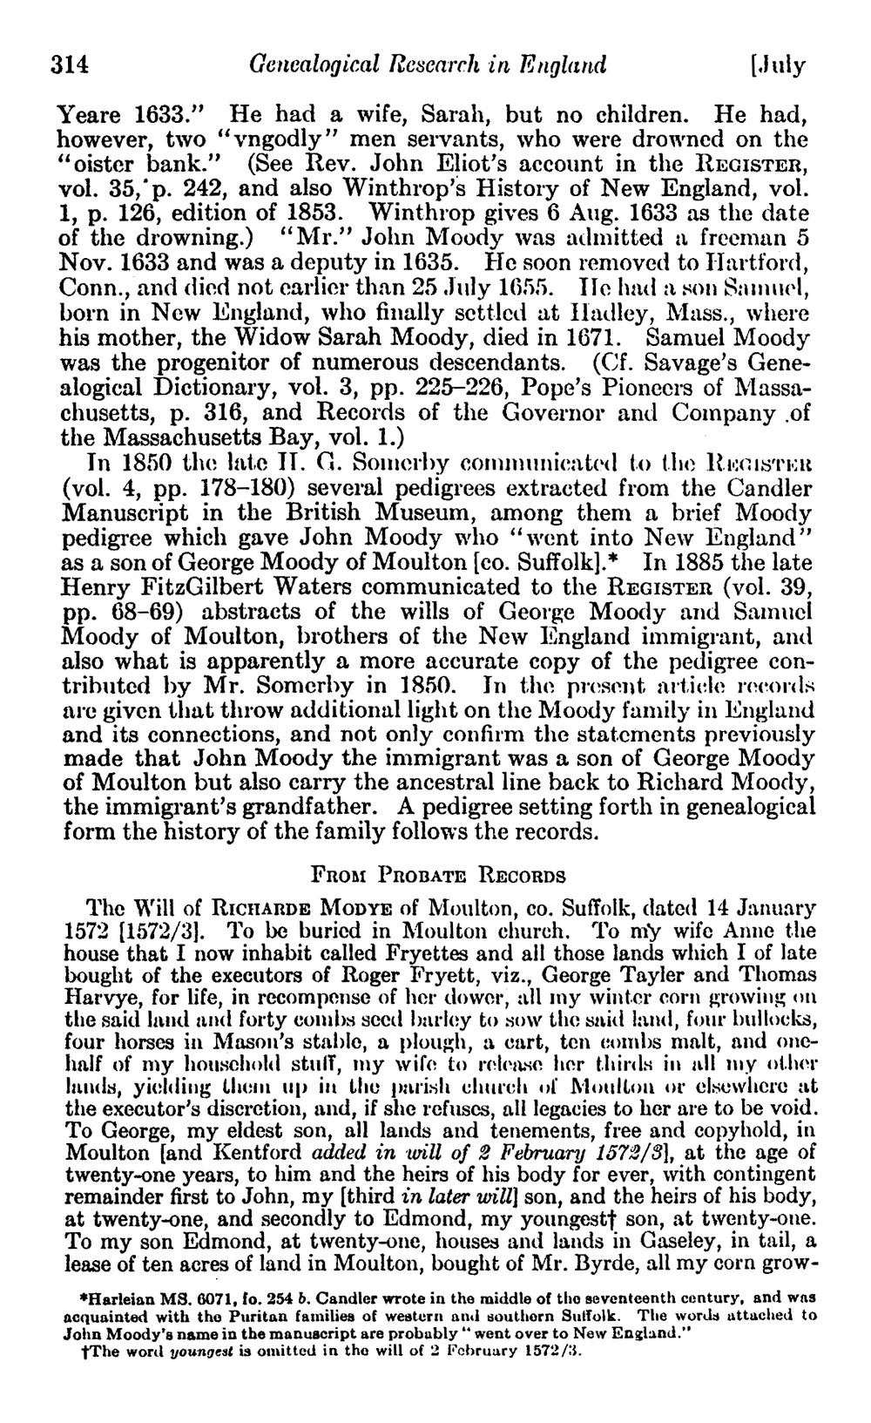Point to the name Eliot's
tap(480, 163)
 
